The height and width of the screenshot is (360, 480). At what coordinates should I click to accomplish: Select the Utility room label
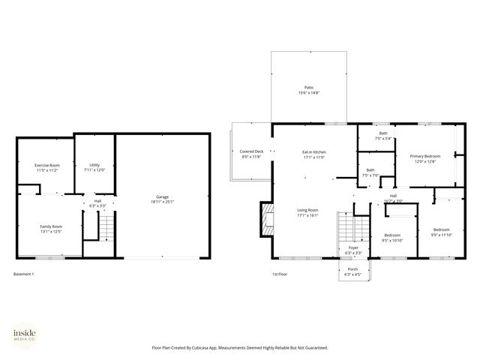[94, 165]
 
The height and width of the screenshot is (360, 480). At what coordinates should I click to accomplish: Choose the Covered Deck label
[251, 151]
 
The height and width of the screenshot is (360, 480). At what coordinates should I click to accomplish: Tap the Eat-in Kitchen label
[313, 152]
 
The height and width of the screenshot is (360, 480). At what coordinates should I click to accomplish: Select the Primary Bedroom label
[424, 156]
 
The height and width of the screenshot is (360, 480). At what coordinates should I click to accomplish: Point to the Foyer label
[352, 248]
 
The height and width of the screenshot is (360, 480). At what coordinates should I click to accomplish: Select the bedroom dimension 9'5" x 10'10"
[392, 240]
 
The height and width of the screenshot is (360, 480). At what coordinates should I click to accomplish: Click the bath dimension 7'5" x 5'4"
[382, 138]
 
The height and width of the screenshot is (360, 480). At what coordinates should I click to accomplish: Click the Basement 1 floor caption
[24, 274]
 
